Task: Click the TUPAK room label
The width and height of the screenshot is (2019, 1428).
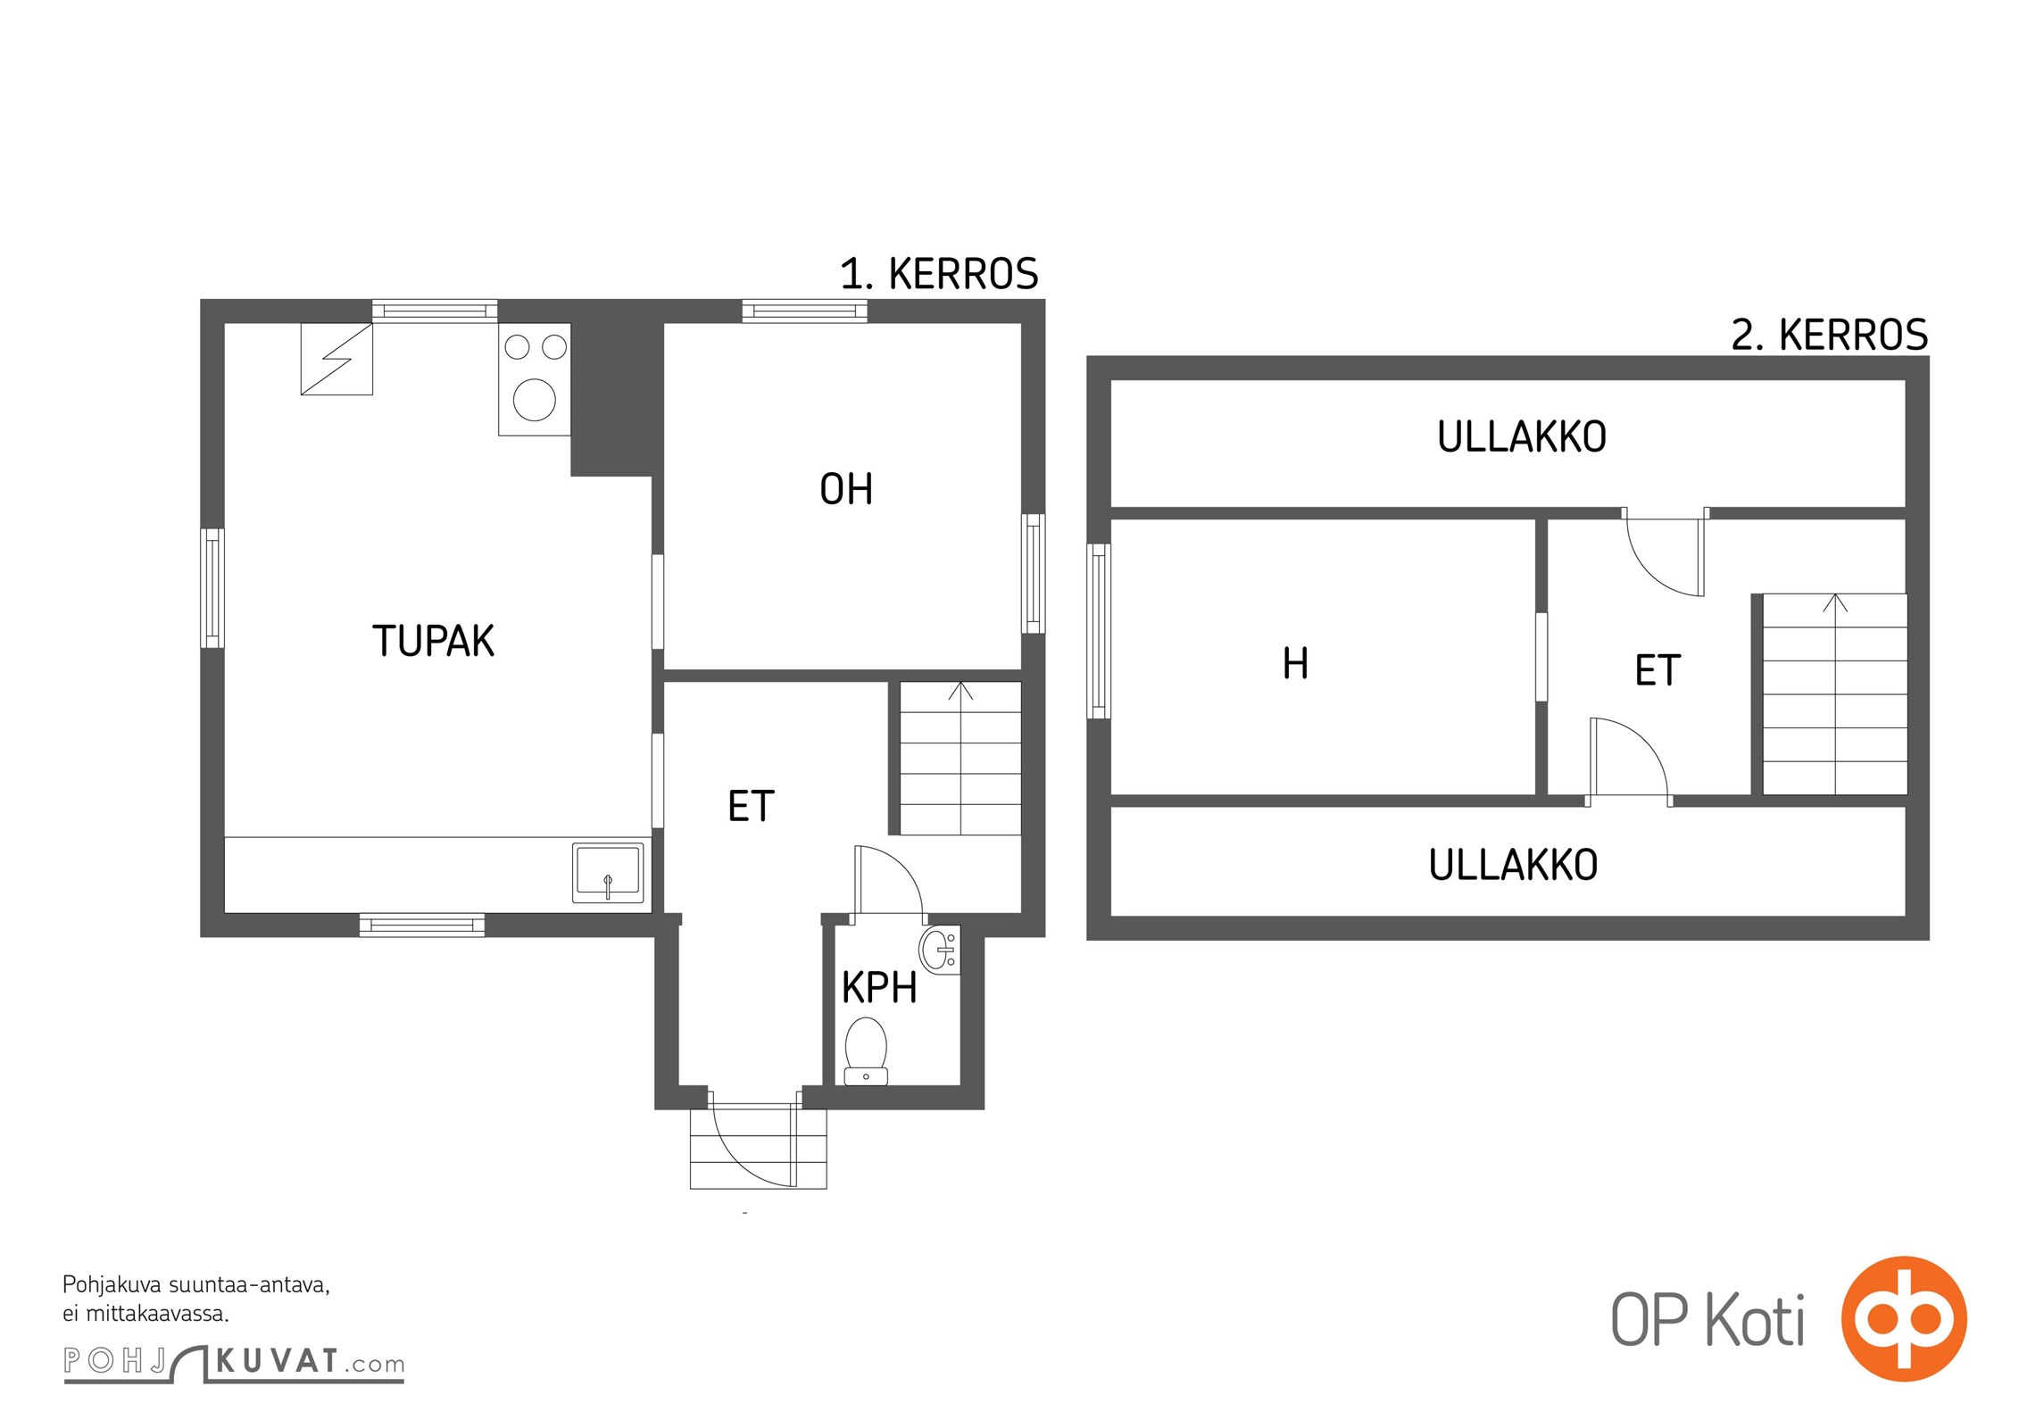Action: [433, 641]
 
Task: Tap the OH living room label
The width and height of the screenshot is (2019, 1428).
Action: [846, 489]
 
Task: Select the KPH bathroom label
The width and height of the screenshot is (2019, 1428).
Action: [879, 987]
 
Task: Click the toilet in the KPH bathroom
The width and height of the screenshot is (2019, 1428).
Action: [866, 1050]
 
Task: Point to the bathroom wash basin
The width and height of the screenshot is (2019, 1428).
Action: [940, 950]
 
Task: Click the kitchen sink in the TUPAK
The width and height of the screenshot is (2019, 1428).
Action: [608, 872]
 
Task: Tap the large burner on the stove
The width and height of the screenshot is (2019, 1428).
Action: [535, 400]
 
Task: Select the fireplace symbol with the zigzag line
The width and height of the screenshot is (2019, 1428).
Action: [336, 359]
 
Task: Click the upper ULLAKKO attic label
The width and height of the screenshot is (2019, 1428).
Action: [1522, 436]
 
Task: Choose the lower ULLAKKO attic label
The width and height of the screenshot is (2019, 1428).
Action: [1513, 864]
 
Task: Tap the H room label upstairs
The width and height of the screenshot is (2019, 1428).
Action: [1295, 663]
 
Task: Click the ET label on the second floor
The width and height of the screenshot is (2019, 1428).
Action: [1658, 670]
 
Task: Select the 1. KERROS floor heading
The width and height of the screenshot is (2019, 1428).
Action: [939, 273]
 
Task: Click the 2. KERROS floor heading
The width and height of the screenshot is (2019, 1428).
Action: [1830, 335]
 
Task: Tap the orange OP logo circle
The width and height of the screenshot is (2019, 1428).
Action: [1904, 1318]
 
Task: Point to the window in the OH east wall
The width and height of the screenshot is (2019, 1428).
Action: [1034, 573]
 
